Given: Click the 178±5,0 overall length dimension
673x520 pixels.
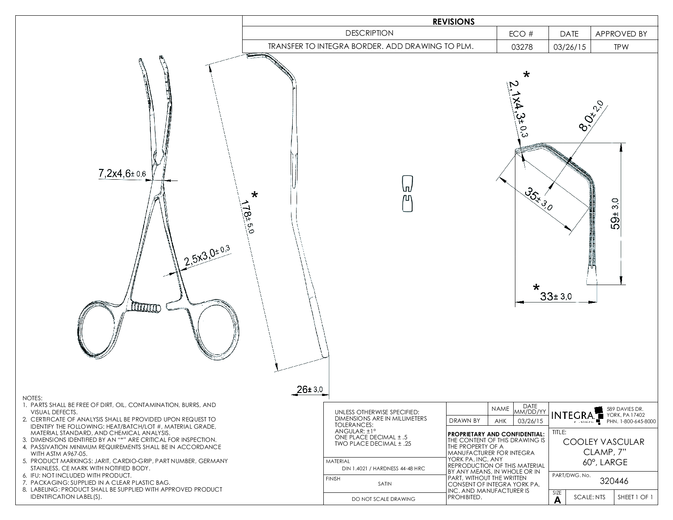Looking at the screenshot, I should (x=247, y=217).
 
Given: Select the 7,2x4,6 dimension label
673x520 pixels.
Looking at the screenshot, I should (x=122, y=173).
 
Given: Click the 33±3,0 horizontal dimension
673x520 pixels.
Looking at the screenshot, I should (x=556, y=297).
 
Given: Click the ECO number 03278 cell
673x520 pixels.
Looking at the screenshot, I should (x=522, y=47).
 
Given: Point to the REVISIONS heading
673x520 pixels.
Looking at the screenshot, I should (x=453, y=22).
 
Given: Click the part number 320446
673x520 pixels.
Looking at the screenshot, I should (x=614, y=481).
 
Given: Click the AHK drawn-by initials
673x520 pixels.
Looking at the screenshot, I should (x=500, y=421).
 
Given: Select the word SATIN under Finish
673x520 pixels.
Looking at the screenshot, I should (x=385, y=483).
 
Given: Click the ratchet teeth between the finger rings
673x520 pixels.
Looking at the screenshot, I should (x=145, y=306).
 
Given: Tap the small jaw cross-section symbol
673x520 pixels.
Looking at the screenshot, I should (x=407, y=194).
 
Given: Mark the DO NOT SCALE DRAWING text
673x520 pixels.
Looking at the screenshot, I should (x=383, y=499).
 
